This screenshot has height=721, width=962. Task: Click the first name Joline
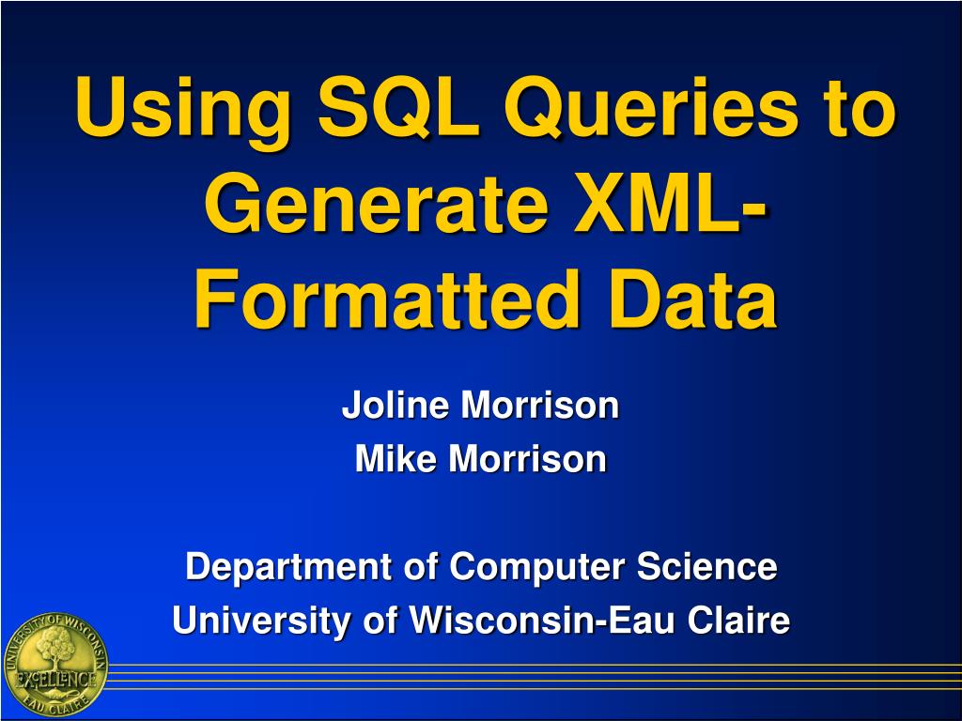(396, 406)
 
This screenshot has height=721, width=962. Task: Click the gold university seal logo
(54, 666)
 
